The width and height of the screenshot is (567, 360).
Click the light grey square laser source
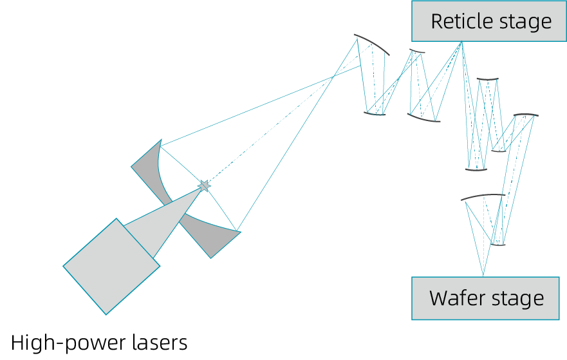coord(111,266)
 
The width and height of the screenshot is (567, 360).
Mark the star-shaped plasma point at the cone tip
coord(204,186)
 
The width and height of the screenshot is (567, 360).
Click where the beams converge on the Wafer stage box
coord(483,276)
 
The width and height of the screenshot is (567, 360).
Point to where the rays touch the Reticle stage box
coord(461,43)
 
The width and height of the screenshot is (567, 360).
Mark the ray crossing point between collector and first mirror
coord(333,78)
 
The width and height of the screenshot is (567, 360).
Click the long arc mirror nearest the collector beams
coord(372,43)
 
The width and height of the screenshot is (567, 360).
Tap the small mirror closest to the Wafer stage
coord(497,244)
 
